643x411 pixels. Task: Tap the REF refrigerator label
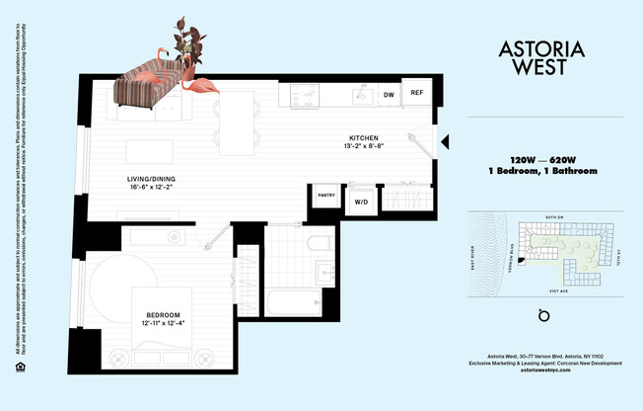(416, 93)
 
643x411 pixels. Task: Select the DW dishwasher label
(389, 95)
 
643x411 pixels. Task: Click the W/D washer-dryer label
(362, 201)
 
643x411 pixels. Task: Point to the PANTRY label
(325, 196)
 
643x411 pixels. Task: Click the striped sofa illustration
(148, 84)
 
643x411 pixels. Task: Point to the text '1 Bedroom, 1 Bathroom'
(541, 171)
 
